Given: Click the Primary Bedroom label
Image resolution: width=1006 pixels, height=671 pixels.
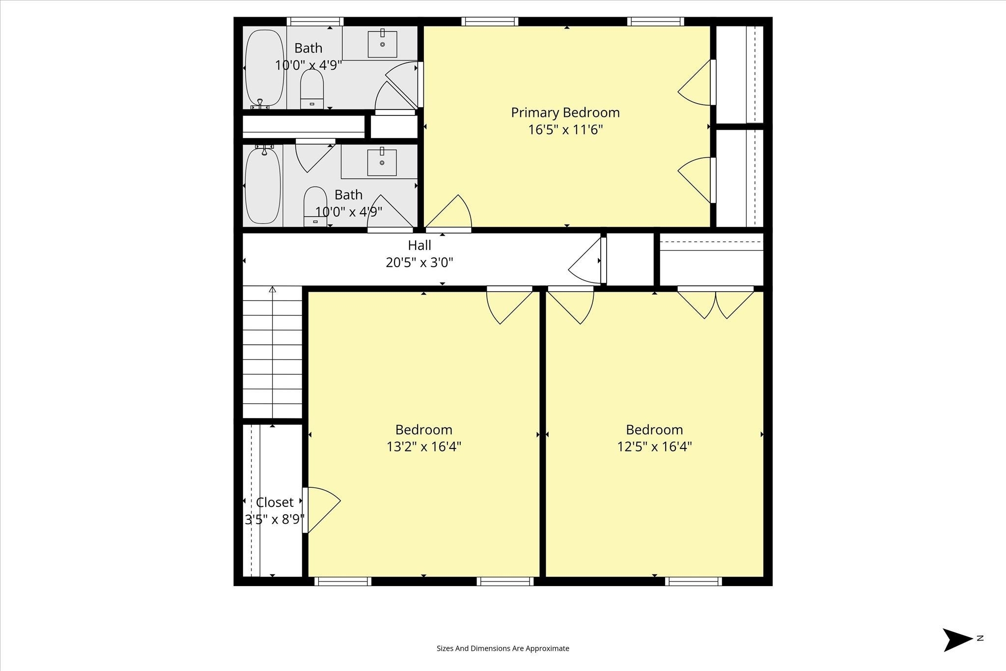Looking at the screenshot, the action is click(565, 113).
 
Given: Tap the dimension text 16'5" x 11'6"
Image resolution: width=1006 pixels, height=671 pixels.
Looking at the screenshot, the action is click(565, 130).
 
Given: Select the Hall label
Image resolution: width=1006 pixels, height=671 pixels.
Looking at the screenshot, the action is click(419, 245).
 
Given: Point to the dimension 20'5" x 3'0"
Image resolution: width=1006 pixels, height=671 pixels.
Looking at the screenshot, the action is click(419, 262).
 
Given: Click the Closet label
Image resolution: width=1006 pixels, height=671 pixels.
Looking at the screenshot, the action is click(275, 502).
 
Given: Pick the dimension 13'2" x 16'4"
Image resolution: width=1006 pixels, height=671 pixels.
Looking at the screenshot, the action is click(424, 447).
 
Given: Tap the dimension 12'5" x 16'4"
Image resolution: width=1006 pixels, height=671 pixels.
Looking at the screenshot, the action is click(655, 447).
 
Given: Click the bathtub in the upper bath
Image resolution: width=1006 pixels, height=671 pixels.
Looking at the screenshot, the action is click(264, 68).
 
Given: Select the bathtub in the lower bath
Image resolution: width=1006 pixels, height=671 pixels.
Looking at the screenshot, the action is click(263, 186).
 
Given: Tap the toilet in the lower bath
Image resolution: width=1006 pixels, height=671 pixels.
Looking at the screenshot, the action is click(315, 206).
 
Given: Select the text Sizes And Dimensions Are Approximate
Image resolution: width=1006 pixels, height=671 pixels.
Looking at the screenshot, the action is click(503, 648).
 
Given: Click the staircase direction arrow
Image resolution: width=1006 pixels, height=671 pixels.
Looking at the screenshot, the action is click(273, 352).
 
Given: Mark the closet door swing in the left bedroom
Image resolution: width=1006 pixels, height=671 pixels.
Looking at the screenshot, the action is click(322, 510).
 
